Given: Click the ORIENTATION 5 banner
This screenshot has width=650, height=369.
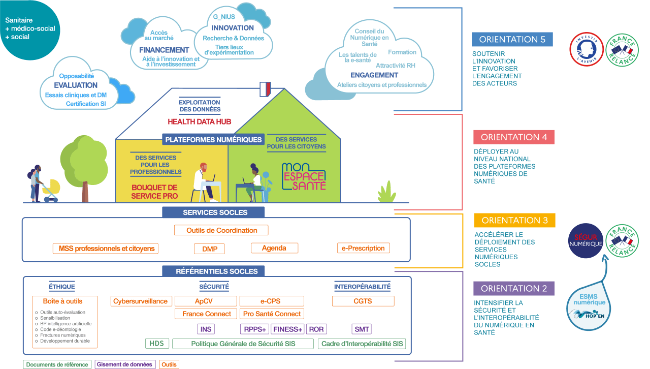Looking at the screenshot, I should (512, 40).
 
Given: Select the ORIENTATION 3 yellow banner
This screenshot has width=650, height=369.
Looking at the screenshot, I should (514, 221).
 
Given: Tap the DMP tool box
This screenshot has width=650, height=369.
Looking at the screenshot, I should (209, 249).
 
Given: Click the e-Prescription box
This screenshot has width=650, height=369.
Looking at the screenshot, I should (364, 248).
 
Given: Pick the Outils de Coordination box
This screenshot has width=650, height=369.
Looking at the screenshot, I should (221, 230).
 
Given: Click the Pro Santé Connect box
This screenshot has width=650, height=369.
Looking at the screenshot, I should (272, 314).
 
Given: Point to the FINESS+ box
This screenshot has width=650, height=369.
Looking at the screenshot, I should (287, 329).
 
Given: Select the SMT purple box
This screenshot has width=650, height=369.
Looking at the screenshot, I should (362, 329).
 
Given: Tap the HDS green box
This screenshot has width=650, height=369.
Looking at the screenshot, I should (156, 344).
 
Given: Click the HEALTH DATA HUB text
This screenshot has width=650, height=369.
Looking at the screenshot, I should (199, 121).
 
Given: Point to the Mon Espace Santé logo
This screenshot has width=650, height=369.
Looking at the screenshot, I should (303, 176).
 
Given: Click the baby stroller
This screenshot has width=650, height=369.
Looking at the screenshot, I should (51, 191).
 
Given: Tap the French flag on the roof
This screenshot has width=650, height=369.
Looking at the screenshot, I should (265, 89).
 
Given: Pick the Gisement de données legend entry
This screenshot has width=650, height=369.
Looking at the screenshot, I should (125, 364).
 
